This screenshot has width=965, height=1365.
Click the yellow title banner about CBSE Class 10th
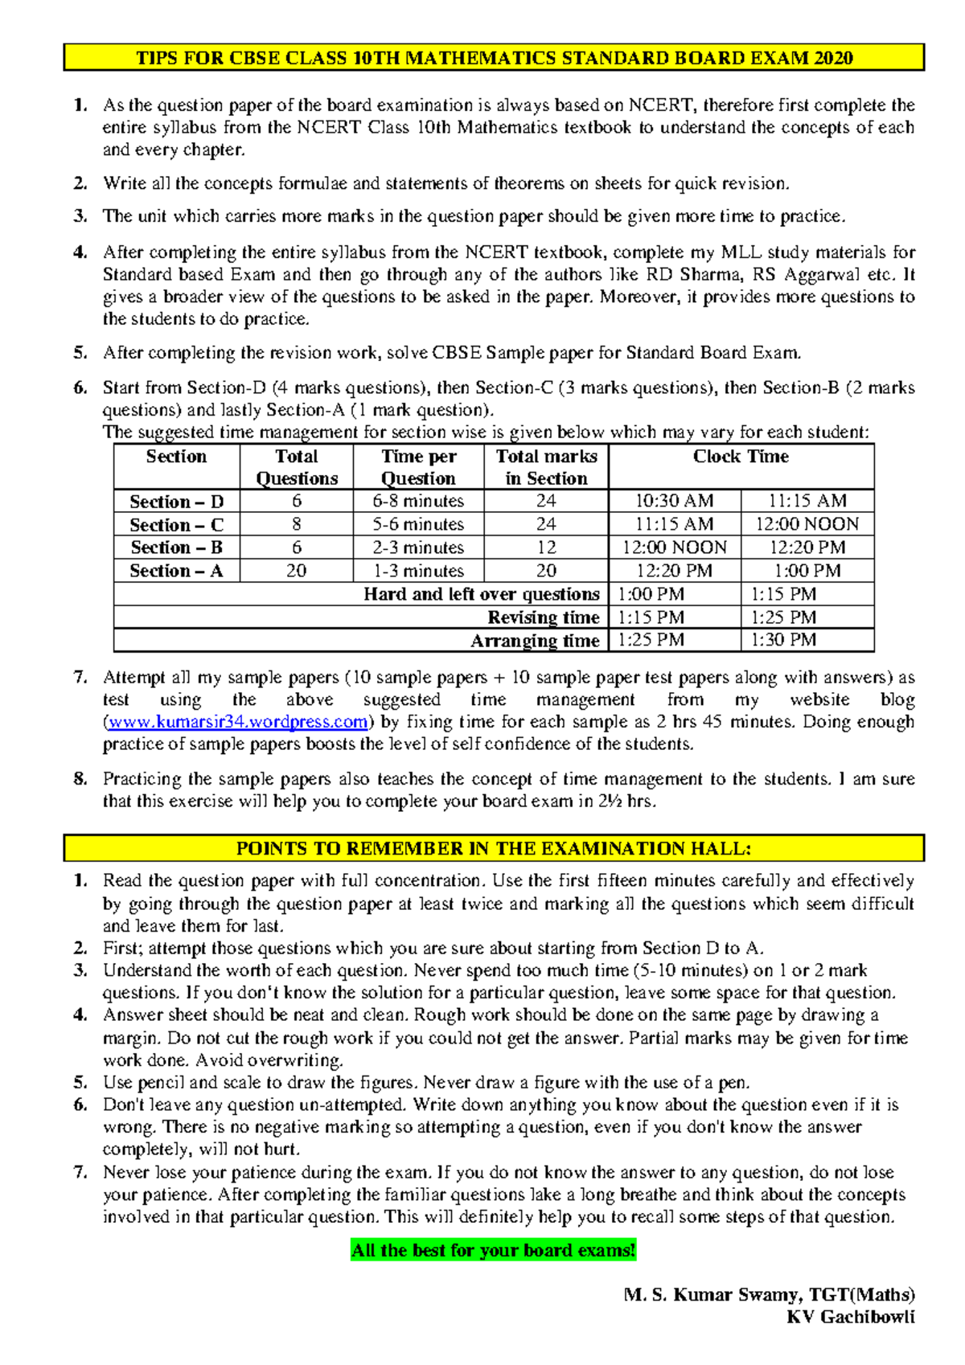coord(494,58)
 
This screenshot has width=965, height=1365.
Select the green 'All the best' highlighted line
coord(493,1250)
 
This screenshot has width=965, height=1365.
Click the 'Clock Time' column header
coord(741,457)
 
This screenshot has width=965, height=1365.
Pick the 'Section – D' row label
coord(176,502)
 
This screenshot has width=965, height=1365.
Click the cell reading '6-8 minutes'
coord(418,501)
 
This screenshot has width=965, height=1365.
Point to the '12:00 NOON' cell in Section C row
coord(807,524)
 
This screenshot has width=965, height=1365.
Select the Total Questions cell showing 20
coord(296,571)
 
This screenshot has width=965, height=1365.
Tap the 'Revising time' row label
coord(544,617)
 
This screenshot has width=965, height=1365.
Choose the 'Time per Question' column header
coord(418,467)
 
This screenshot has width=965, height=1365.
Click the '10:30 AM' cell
coord(674,501)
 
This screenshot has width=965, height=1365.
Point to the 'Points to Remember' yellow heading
coord(494,849)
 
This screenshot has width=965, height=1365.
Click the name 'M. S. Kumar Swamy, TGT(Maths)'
coord(769,1294)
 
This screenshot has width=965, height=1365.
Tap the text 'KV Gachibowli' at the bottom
coord(851,1317)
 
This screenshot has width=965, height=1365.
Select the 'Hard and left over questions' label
coord(482,594)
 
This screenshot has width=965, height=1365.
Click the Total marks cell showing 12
coord(546,547)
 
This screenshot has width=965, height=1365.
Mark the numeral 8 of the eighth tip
coord(79,778)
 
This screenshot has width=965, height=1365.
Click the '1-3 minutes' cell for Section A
coord(418,571)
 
